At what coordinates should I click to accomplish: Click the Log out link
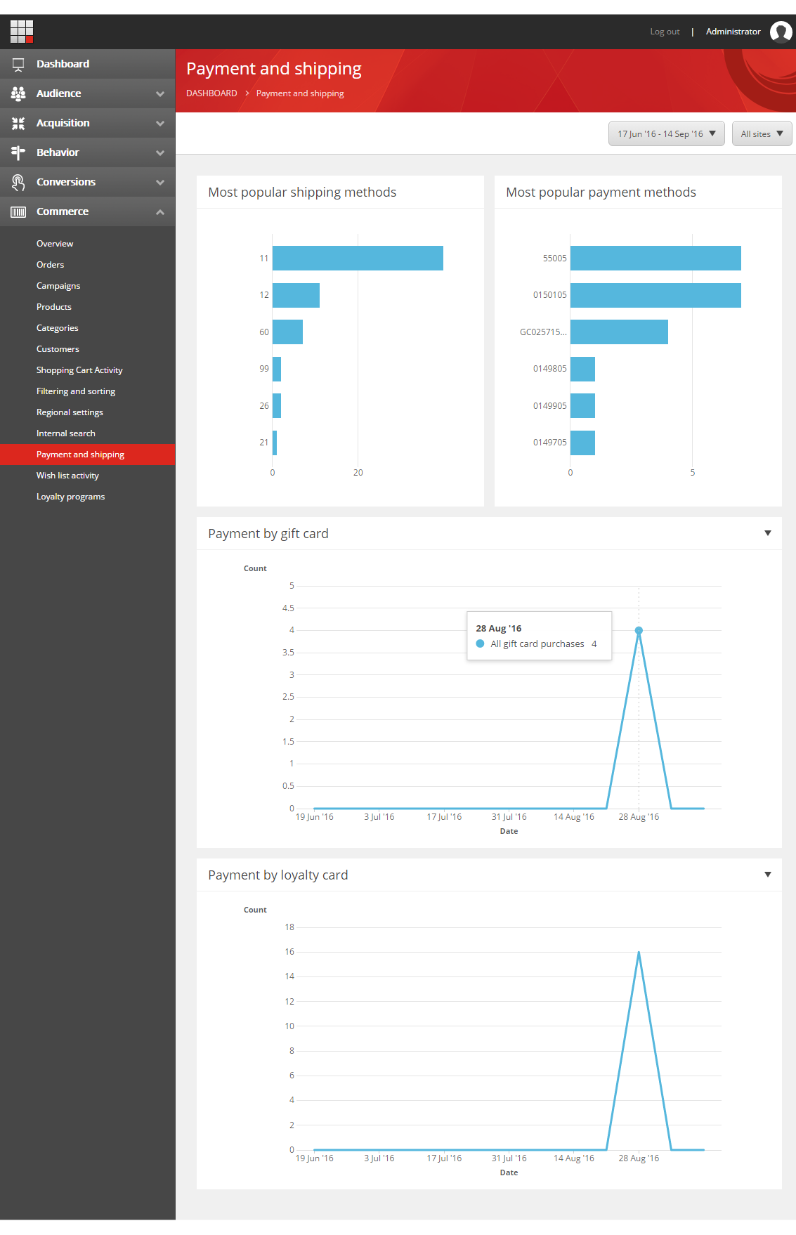(665, 32)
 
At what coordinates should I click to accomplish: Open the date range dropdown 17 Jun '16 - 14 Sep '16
(666, 133)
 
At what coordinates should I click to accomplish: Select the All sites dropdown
(762, 133)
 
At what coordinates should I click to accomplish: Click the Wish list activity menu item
(67, 476)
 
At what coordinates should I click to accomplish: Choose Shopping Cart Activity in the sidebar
(79, 370)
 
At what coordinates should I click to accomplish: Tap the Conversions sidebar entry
(66, 182)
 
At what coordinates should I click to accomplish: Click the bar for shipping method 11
(358, 259)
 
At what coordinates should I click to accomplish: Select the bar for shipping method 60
(287, 332)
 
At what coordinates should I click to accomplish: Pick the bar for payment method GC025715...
(619, 332)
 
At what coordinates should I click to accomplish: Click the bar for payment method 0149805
(582, 369)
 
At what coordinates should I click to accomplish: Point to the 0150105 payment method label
(549, 295)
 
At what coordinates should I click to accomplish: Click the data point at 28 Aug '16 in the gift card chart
(639, 631)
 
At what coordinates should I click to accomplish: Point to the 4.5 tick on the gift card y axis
(288, 608)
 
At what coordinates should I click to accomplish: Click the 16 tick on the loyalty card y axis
(289, 952)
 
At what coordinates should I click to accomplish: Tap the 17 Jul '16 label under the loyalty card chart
(444, 1158)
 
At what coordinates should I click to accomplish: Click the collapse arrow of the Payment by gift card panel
(768, 533)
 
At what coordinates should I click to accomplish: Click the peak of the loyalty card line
(639, 953)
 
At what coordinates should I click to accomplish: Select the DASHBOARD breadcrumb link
(211, 93)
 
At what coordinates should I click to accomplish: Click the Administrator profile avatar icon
(781, 32)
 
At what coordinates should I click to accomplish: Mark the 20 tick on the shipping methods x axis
(358, 473)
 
